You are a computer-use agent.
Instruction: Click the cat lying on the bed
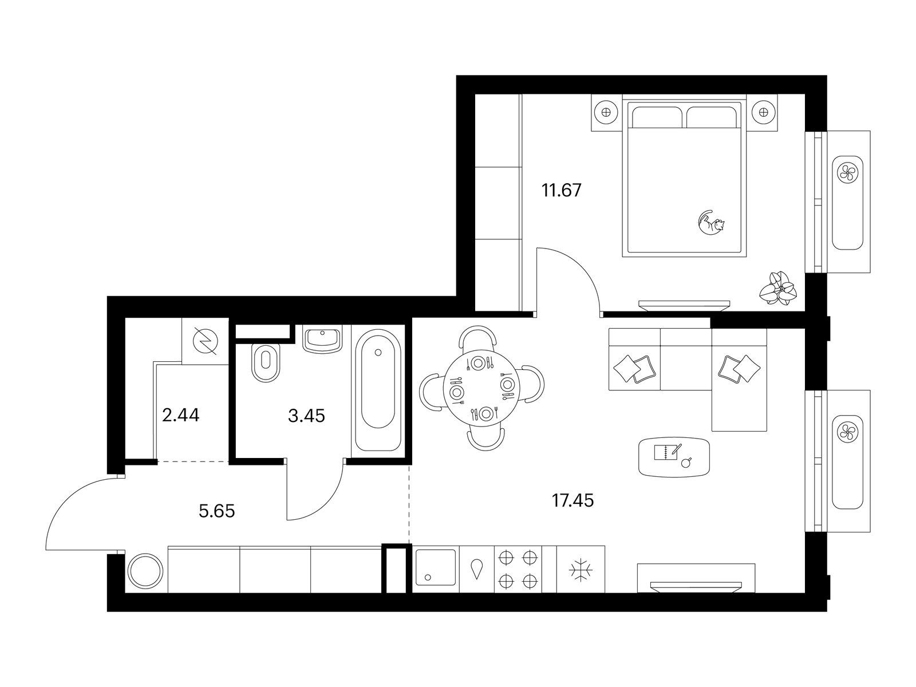[712, 223]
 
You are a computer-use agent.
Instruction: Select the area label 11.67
[561, 190]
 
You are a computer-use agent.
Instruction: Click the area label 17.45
[572, 500]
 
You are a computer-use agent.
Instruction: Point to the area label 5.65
[216, 511]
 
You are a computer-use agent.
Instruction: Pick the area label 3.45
[306, 416]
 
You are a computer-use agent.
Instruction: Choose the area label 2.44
[181, 415]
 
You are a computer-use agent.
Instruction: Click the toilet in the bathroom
[266, 362]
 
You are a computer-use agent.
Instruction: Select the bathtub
[378, 390]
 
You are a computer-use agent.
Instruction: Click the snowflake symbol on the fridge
[581, 570]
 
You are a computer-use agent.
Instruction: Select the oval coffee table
[674, 456]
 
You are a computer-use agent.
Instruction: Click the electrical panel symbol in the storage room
[206, 341]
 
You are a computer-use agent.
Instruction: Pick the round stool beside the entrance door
[145, 571]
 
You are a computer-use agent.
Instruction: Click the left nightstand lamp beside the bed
[606, 112]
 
